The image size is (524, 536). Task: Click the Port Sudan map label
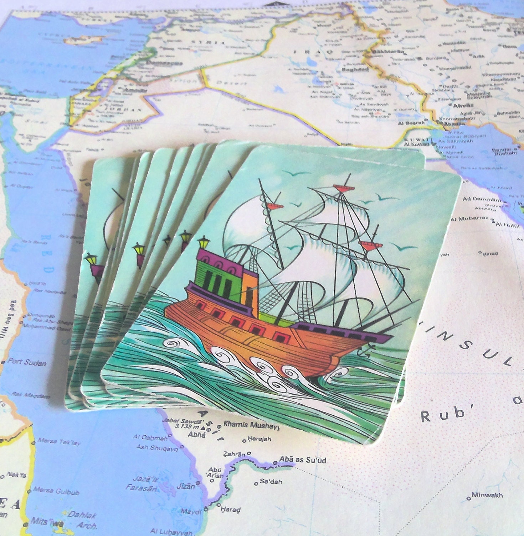click(x=27, y=362)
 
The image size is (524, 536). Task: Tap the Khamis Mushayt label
click(x=251, y=425)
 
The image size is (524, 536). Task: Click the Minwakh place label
click(x=487, y=495)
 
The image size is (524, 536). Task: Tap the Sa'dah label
click(x=271, y=482)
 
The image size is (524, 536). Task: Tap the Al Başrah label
click(x=411, y=123)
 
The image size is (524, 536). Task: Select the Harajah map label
click(x=259, y=439)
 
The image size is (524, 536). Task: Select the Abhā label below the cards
click(x=197, y=435)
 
